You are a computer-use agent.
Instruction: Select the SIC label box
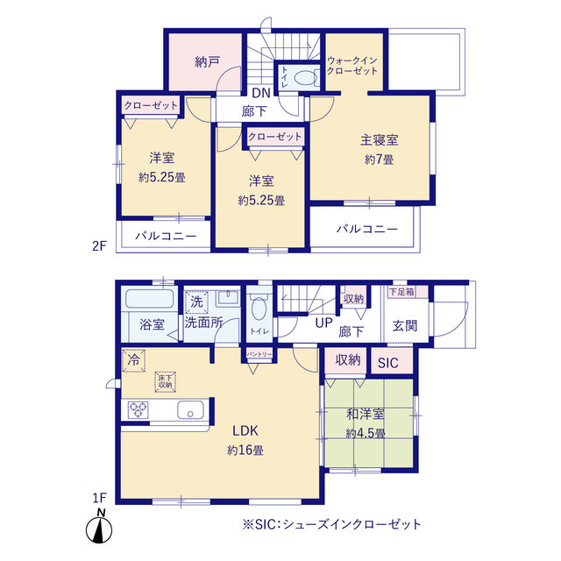[387, 361]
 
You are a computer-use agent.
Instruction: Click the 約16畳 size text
[245, 450]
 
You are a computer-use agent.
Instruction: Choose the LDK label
[245, 430]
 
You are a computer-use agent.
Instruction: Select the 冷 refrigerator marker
[133, 359]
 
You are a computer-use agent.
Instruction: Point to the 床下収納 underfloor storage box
[165, 380]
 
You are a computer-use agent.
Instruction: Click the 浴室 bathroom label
[153, 324]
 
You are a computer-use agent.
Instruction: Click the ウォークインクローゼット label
[352, 65]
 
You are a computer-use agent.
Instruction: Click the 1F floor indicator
[100, 498]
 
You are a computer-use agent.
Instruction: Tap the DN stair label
[261, 93]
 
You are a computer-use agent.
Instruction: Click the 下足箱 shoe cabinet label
[403, 292]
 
